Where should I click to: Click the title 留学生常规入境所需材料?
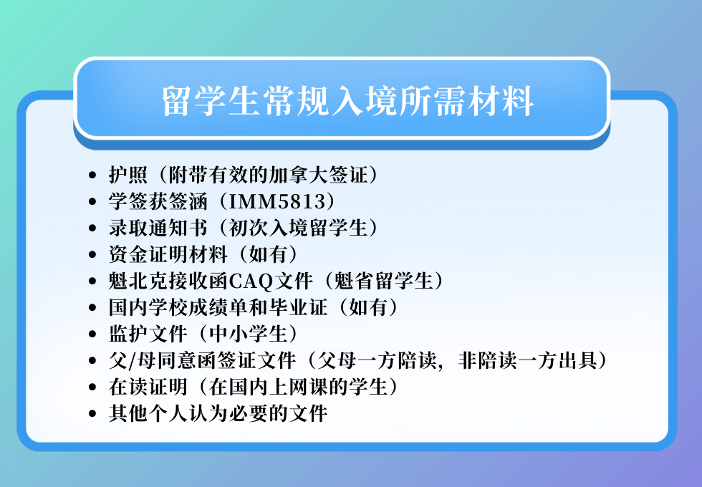coord(348,101)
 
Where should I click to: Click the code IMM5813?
coord(278,201)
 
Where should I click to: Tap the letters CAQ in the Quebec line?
coord(251,281)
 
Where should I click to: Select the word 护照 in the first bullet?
coord(128,175)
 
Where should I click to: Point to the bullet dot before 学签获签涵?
coord(92,201)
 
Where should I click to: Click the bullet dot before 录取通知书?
coord(92,228)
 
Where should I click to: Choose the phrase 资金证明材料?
coord(168,254)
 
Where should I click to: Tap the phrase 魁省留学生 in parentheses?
coord(383,281)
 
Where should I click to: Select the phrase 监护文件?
coord(148,334)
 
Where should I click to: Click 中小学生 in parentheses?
coord(248,334)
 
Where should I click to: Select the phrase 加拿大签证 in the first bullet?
coord(318,175)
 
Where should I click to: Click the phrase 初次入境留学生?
coord(298,228)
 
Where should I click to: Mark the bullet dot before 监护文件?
coord(92,334)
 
